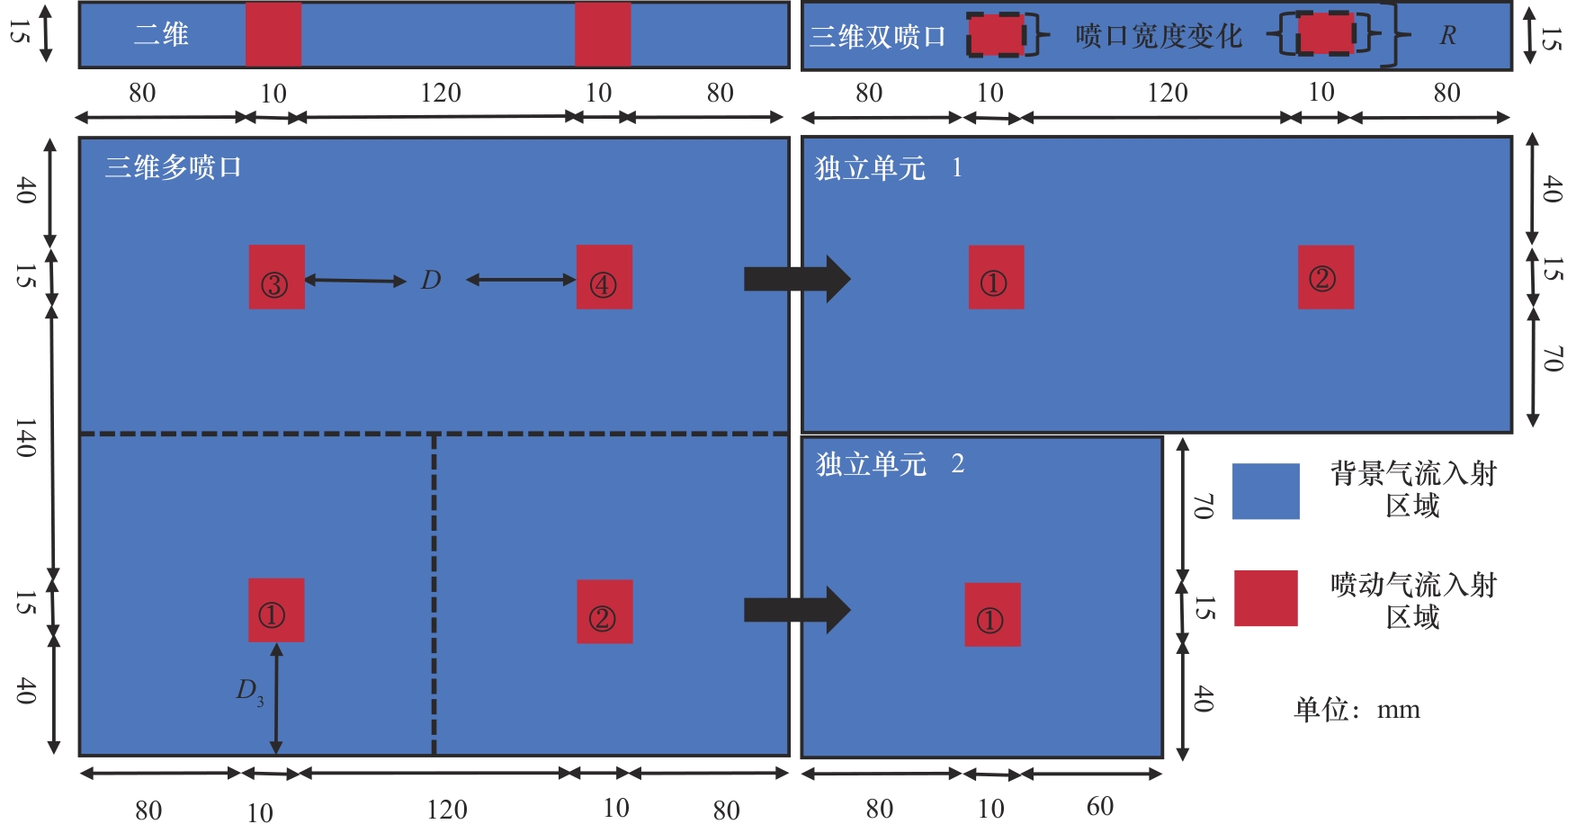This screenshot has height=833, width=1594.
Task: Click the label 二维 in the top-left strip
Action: pyautogui.click(x=161, y=35)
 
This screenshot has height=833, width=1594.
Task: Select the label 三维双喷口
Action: pyautogui.click(x=877, y=37)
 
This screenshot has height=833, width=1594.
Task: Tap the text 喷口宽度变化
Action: pyautogui.click(x=1158, y=37)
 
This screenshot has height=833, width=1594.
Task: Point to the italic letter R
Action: pyautogui.click(x=1447, y=36)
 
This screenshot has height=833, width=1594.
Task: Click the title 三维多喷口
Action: pyautogui.click(x=173, y=167)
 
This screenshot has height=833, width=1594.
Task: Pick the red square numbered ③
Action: pyautogui.click(x=276, y=277)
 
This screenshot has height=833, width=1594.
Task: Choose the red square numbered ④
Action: pyautogui.click(x=604, y=277)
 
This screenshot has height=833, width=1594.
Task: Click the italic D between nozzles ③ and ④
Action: pyautogui.click(x=431, y=281)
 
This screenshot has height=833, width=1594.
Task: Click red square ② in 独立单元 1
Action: pyautogui.click(x=1325, y=277)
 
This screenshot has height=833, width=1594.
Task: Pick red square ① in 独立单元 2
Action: pyautogui.click(x=992, y=614)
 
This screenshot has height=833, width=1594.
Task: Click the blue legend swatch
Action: pyautogui.click(x=1265, y=491)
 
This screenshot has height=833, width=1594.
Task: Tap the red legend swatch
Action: pyautogui.click(x=1265, y=598)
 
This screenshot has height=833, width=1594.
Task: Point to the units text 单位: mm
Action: pyautogui.click(x=1357, y=710)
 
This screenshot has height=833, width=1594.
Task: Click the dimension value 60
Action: pyautogui.click(x=1099, y=807)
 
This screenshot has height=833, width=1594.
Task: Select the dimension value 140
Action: pyautogui.click(x=25, y=438)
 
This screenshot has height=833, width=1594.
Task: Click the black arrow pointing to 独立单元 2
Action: pyautogui.click(x=796, y=610)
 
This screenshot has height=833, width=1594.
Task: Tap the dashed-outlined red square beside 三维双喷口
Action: pyautogui.click(x=997, y=35)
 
